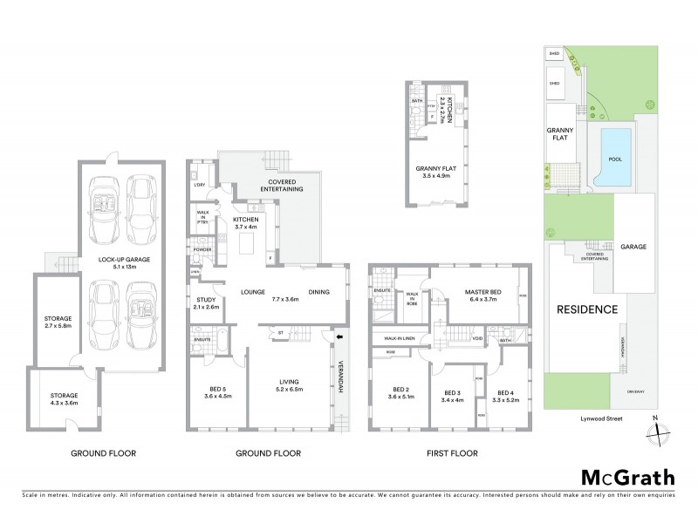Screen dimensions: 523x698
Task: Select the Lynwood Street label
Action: coord(585,420)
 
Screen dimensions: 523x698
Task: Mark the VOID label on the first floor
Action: coord(477,338)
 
